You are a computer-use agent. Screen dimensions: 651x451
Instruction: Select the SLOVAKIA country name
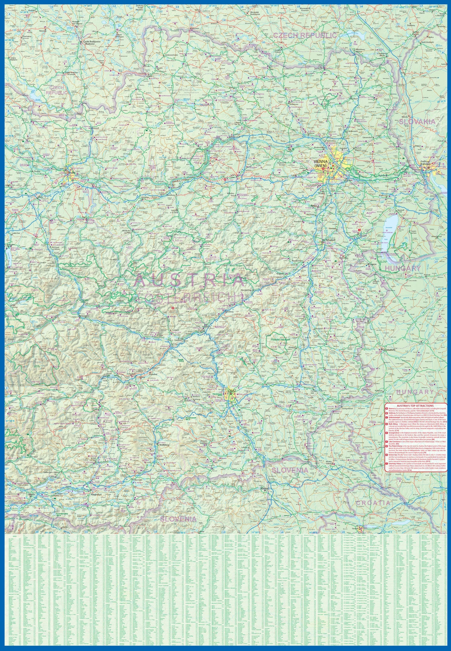pos(413,122)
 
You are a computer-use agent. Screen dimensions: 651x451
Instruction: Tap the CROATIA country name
pos(373,503)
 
